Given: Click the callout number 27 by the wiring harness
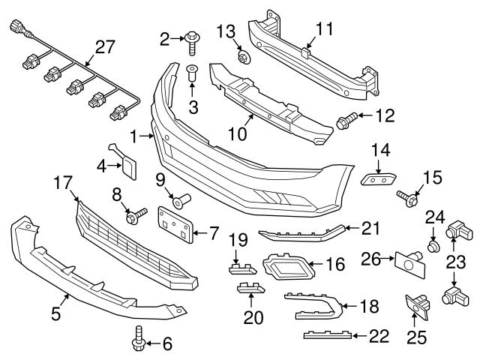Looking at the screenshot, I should (106, 47).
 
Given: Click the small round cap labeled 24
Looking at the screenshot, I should (433, 245).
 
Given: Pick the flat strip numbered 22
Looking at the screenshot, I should (324, 334).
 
